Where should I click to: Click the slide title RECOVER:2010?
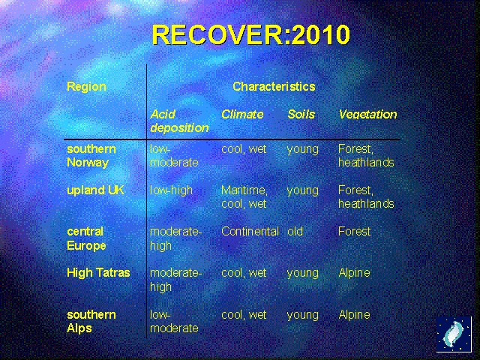(x=250, y=34)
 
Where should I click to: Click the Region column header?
(x=86, y=86)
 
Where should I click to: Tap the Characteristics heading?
(x=274, y=86)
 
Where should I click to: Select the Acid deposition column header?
(x=178, y=121)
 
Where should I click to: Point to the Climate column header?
(x=242, y=114)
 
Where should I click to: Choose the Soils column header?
(x=301, y=114)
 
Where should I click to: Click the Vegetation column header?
(x=367, y=114)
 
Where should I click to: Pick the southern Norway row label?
(x=91, y=156)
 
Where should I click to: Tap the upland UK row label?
(x=95, y=190)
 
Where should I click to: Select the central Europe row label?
(x=86, y=238)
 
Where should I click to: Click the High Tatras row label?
(x=98, y=273)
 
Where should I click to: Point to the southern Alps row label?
(x=91, y=321)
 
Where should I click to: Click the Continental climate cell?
(x=250, y=232)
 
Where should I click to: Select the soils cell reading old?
(x=295, y=232)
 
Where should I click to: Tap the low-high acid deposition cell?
(x=171, y=190)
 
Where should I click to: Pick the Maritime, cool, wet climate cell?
(x=244, y=197)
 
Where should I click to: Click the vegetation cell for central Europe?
(x=354, y=232)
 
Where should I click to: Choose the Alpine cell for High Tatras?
(x=354, y=273)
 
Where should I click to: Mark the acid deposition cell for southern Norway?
(x=174, y=156)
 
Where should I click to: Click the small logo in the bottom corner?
(x=454, y=334)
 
